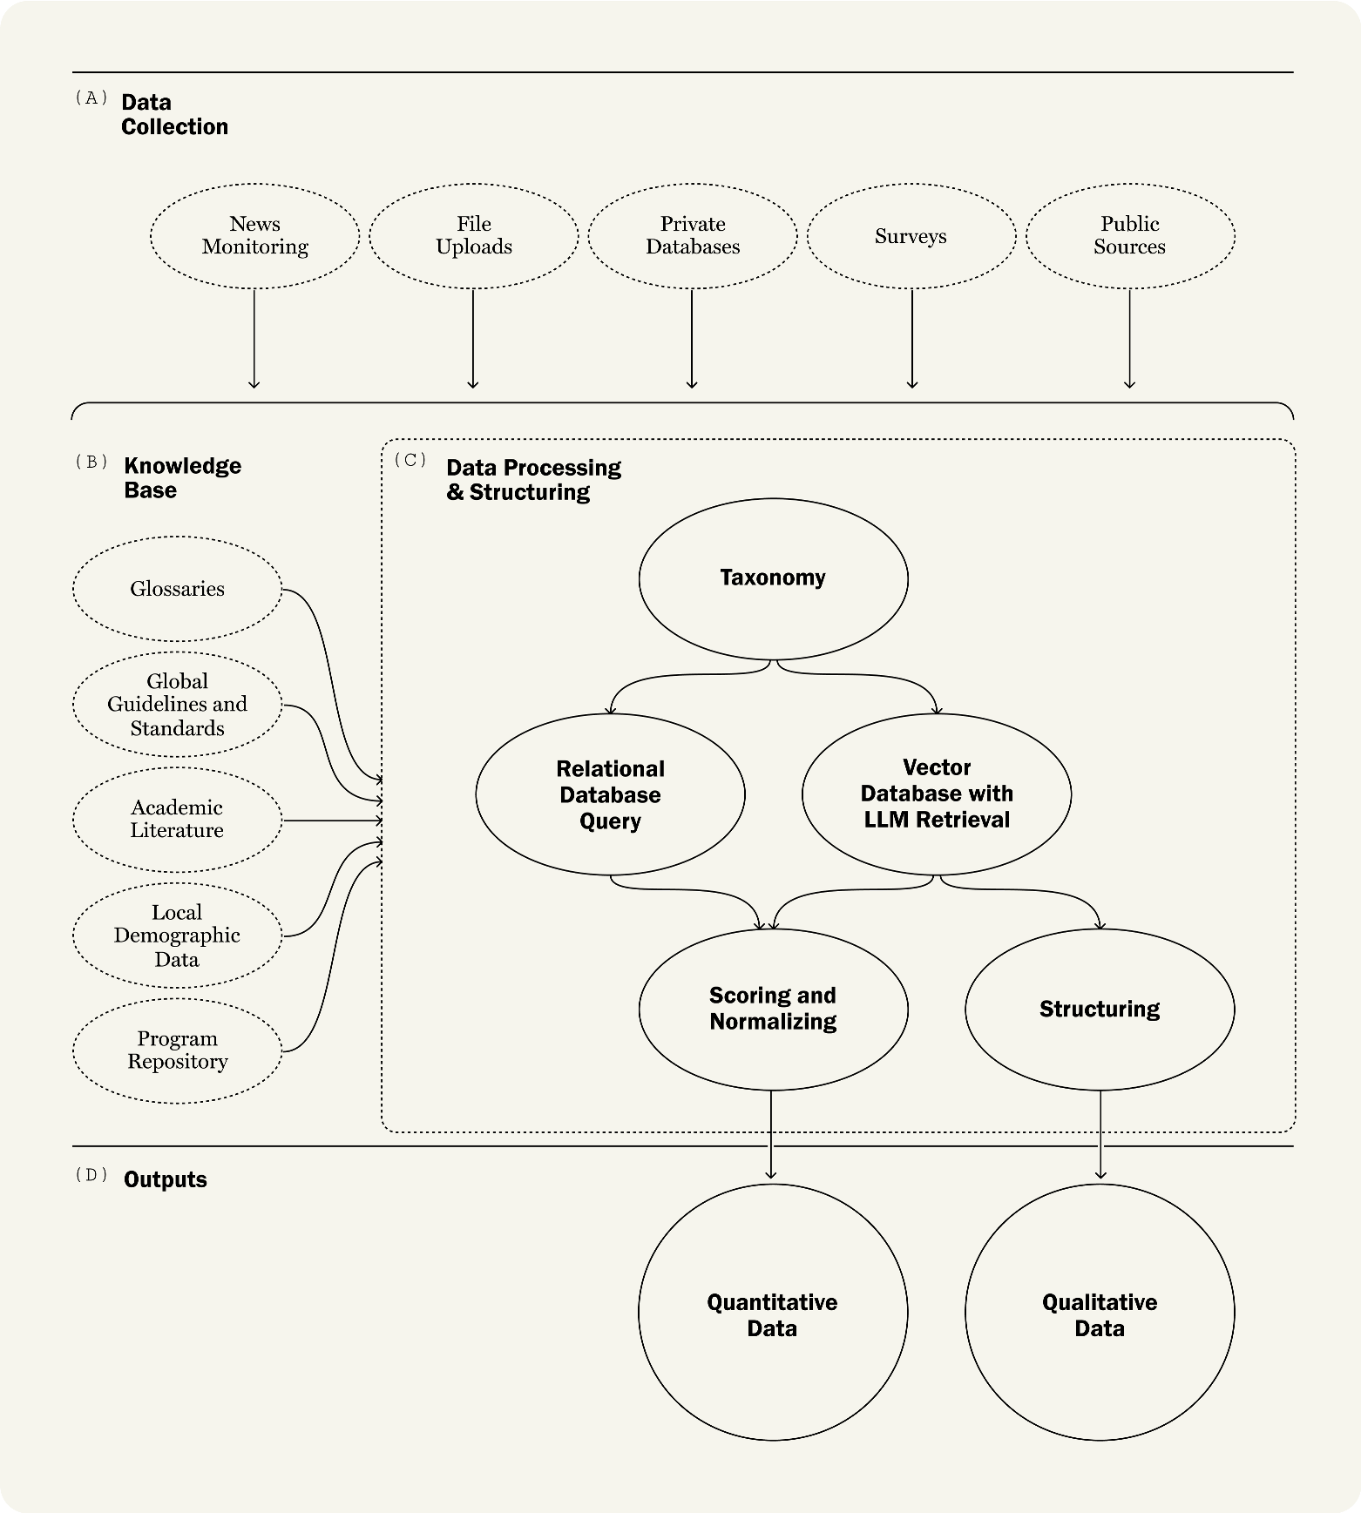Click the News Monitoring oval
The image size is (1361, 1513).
click(254, 236)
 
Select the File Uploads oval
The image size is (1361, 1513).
click(474, 236)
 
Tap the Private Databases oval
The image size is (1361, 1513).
click(693, 236)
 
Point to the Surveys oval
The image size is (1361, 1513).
click(911, 236)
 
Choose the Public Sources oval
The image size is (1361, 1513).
click(1130, 236)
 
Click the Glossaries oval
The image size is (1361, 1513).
click(178, 589)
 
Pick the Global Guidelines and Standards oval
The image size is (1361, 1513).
click(178, 705)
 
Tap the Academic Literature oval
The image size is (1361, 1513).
click(178, 820)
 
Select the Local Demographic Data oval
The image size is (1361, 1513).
click(178, 935)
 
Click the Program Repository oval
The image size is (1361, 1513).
click(178, 1050)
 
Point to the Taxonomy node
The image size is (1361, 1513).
click(774, 578)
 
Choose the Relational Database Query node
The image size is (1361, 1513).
click(611, 794)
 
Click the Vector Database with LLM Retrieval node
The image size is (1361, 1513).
click(937, 794)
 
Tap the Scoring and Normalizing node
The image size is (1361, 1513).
click(774, 1010)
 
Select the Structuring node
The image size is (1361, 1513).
click(1100, 1010)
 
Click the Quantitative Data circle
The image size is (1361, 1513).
click(773, 1312)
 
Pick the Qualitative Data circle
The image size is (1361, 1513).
click(1100, 1312)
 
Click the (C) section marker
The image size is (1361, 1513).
click(410, 459)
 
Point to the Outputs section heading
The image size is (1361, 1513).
click(166, 1179)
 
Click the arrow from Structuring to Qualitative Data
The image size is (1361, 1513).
click(1100, 1135)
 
